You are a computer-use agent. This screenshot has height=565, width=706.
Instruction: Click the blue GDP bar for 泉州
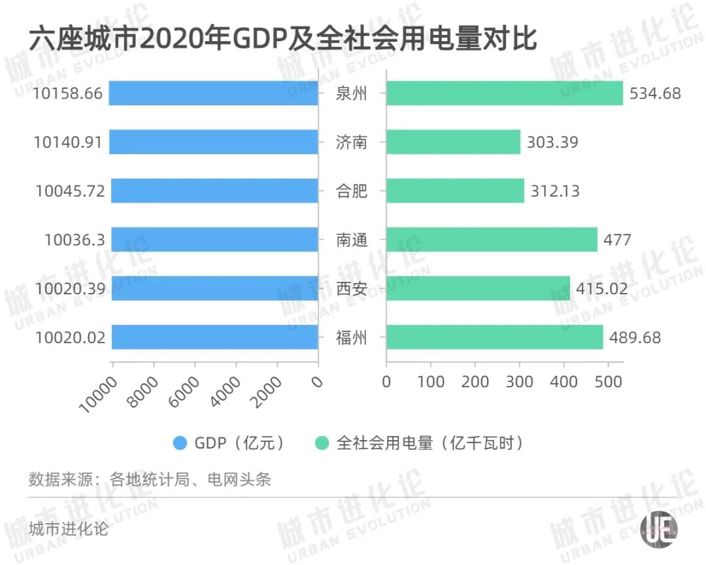pos(213,93)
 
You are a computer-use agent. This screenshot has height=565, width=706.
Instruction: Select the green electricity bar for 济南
pos(453,142)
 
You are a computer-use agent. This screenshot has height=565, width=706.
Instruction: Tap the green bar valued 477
pos(492,239)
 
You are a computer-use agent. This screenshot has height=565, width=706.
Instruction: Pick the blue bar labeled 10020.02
pos(214,337)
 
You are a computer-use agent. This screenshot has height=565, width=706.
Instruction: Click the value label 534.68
pos(654,94)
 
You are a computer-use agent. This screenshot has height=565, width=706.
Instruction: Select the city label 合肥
pos(352,191)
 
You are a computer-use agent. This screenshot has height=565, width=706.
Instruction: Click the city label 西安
pos(352,288)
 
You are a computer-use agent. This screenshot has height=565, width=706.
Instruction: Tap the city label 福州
pos(352,337)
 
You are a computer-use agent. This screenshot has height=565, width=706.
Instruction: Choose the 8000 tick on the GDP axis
pos(143,392)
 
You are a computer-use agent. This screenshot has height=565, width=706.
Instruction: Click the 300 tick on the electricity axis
pos(519,381)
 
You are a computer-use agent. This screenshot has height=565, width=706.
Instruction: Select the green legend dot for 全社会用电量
pos(321,443)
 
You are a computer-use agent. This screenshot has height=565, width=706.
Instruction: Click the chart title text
pos(282,41)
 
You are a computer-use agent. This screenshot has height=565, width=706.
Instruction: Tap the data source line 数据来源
pos(150,479)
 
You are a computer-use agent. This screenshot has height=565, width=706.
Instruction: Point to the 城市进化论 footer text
pos(69,528)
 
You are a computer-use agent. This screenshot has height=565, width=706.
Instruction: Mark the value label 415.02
pos(601,289)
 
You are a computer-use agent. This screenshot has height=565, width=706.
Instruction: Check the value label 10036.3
pos(74,240)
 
